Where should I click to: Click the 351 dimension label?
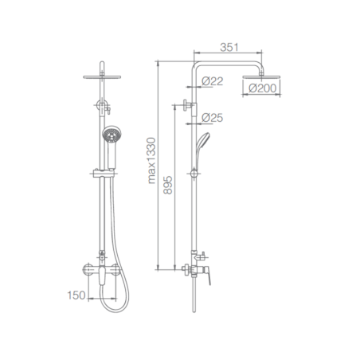pyautogui.click(x=229, y=47)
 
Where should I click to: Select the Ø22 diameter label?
pyautogui.click(x=212, y=81)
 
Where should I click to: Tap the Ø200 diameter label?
pyautogui.click(x=262, y=88)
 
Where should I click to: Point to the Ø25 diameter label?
pyautogui.click(x=212, y=118)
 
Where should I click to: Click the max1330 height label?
pyautogui.click(x=152, y=160)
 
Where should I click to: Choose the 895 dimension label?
pyautogui.click(x=168, y=185)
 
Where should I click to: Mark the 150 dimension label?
pyautogui.click(x=76, y=295)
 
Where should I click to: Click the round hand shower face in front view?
pyautogui.click(x=112, y=135)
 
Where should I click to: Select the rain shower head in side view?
pyautogui.click(x=261, y=77)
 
